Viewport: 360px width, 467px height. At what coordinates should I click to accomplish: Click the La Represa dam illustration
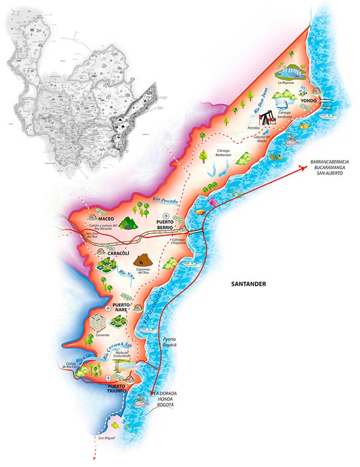(x=290, y=71)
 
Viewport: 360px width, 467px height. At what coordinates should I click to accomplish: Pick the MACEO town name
(x=107, y=219)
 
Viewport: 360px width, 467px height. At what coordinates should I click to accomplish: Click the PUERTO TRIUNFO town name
(x=117, y=388)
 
